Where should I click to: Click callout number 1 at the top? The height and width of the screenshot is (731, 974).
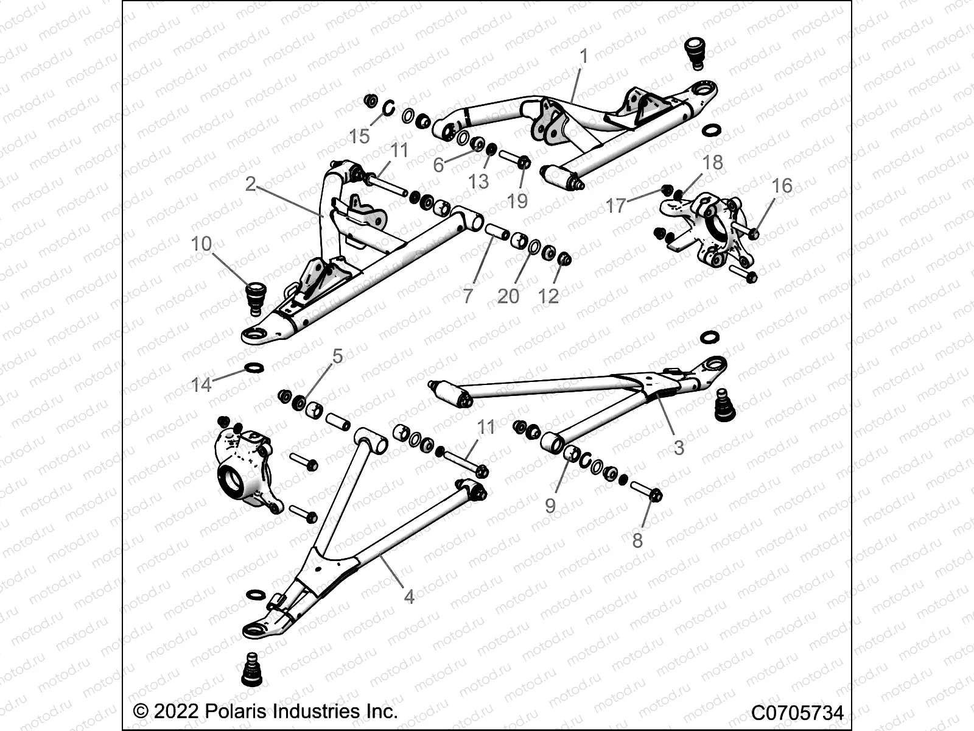[x=584, y=57]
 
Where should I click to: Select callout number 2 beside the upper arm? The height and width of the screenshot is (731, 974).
[x=250, y=183]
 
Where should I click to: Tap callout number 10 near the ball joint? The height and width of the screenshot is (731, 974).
[x=201, y=244]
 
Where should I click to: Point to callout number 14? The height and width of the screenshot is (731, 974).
[x=201, y=384]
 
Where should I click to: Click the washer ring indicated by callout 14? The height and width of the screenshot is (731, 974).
[x=254, y=368]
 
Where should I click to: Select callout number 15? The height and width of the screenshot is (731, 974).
[x=360, y=136]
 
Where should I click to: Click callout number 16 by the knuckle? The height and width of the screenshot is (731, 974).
[x=782, y=186]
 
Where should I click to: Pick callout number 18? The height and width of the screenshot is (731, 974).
[x=712, y=162]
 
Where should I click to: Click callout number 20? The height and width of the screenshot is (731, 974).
[x=508, y=296]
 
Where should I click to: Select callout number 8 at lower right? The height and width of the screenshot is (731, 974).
[x=637, y=540]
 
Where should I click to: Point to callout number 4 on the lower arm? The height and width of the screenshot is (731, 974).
[x=409, y=596]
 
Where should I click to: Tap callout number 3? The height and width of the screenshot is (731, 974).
[x=679, y=448]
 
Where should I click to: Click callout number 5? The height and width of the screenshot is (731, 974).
[x=337, y=356]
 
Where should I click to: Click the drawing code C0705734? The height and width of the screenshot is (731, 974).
[x=797, y=713]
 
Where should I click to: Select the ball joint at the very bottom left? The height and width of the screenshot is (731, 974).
[x=250, y=669]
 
